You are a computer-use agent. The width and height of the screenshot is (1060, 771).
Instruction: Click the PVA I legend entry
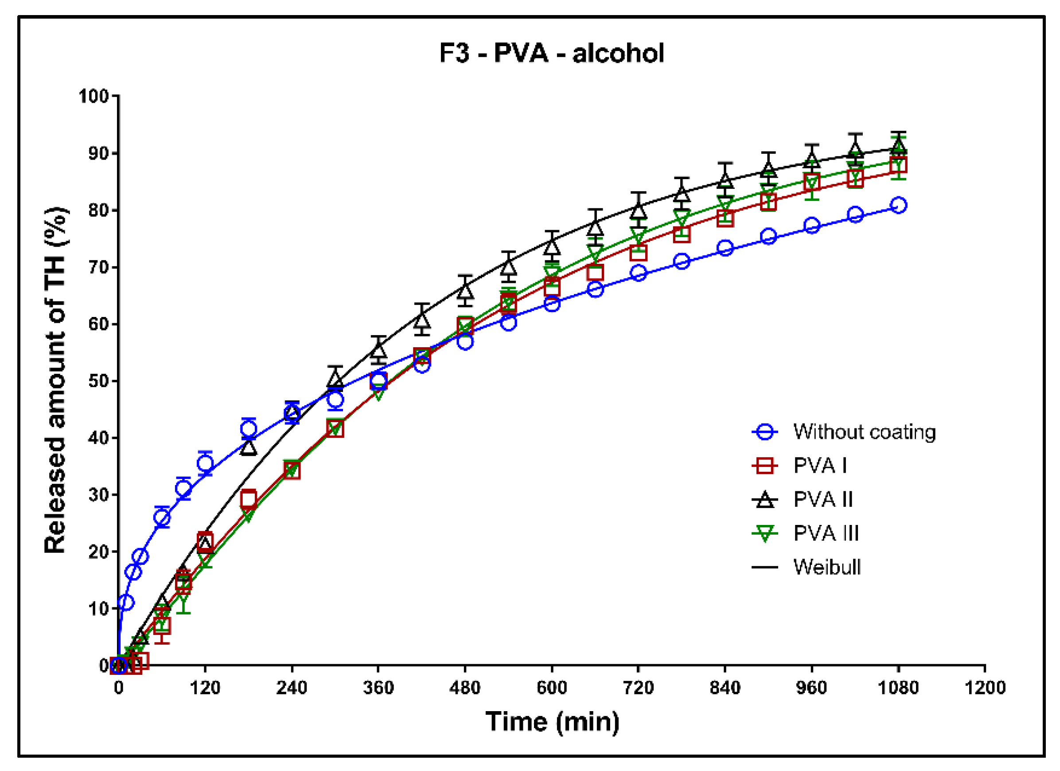tap(820, 465)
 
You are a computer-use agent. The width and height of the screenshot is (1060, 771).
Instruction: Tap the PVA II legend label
tap(823, 499)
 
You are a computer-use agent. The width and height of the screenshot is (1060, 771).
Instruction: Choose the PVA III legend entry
tap(826, 533)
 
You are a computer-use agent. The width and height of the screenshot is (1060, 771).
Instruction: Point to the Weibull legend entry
tap(827, 567)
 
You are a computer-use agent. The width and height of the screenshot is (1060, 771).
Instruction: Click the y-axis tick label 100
tap(94, 96)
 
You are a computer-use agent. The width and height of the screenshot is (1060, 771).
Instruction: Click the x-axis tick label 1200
tap(985, 688)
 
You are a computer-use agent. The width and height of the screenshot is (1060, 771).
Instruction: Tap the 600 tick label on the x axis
tap(552, 688)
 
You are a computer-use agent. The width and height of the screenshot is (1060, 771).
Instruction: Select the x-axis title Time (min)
tap(552, 721)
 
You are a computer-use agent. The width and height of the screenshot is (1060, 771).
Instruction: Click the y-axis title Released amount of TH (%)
tap(55, 380)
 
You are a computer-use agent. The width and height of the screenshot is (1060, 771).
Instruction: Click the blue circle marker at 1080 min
tap(898, 205)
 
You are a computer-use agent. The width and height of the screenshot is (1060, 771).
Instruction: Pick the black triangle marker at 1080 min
tap(898, 147)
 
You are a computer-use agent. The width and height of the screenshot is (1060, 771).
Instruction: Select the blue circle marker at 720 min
tap(639, 273)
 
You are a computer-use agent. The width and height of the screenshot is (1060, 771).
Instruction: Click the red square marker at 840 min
tap(725, 218)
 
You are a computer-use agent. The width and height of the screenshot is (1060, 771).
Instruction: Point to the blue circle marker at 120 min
tap(205, 463)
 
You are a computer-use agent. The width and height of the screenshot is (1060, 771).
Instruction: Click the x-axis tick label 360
tap(378, 688)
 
